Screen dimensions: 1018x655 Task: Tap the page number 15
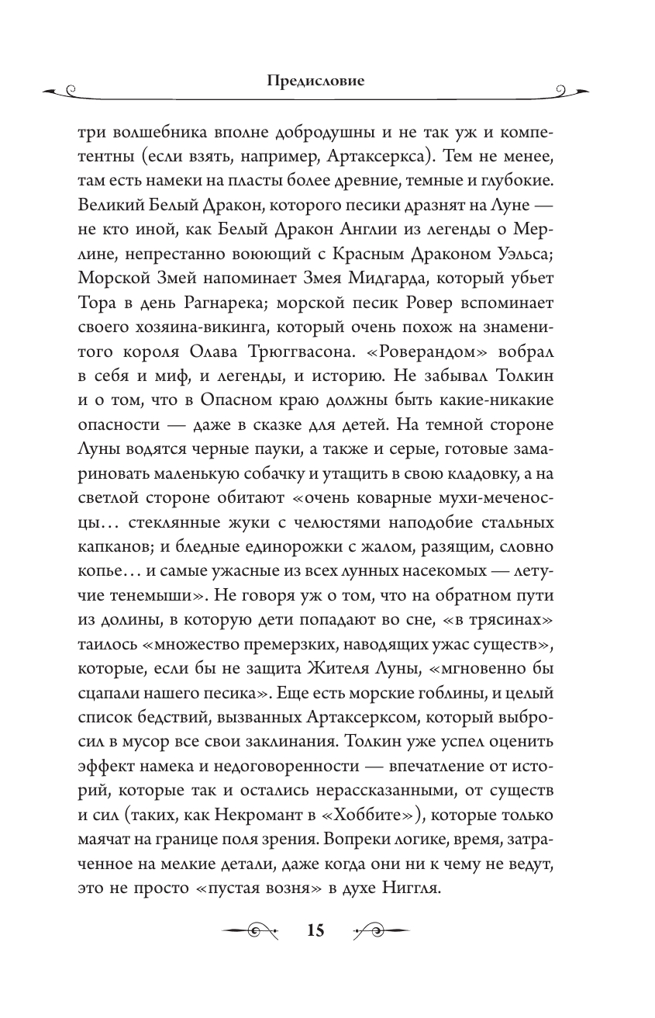(315, 931)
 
